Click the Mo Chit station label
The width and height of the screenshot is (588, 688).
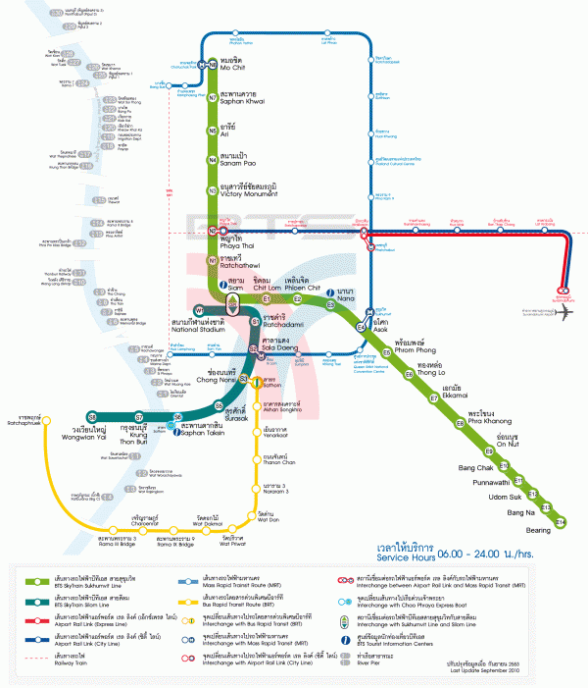pos(232,67)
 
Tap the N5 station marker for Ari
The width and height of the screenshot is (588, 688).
pos(212,130)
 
